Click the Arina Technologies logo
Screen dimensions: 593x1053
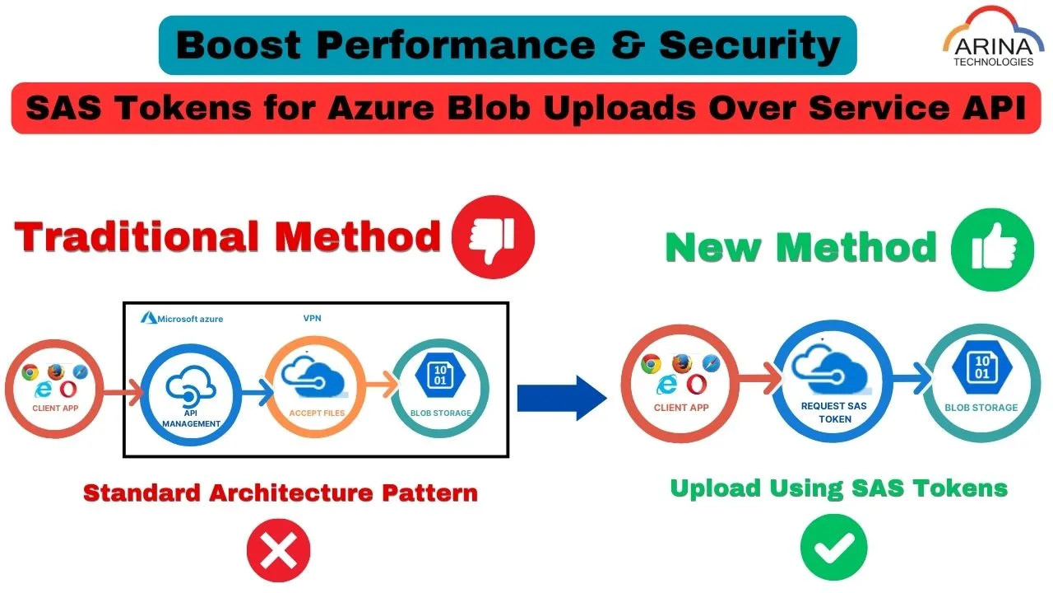991,40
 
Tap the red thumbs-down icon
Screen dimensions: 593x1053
493,237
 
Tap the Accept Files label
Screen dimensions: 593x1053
317,413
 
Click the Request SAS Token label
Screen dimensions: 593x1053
834,413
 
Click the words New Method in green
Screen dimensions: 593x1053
800,247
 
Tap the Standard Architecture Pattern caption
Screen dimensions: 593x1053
281,493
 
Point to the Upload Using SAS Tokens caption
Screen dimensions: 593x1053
838,488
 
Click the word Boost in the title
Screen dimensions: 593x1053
237,46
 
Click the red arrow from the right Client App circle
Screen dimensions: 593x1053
754,380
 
